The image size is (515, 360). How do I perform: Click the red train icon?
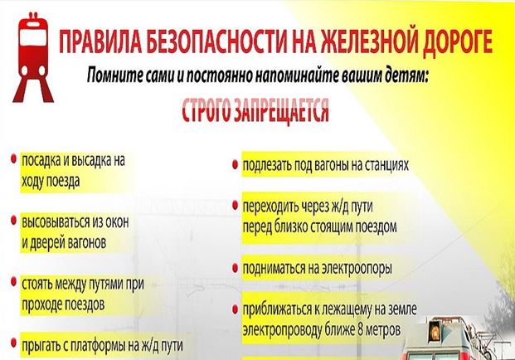pyautogui.click(x=33, y=57)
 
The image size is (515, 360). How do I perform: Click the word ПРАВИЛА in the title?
pyautogui.click(x=100, y=41)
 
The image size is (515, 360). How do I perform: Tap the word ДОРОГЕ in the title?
pyautogui.click(x=457, y=42)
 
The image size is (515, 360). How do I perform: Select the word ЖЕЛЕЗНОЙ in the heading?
pyautogui.click(x=368, y=41)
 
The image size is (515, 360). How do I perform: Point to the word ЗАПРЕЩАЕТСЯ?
pyautogui.click(x=281, y=110)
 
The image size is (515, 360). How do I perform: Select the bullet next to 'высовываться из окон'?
pyautogui.click(x=14, y=221)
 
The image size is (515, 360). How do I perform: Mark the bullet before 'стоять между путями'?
pyautogui.click(x=14, y=281)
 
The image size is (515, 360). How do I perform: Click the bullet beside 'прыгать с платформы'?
pyautogui.click(x=14, y=343)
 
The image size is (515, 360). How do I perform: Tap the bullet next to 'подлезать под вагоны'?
pyautogui.click(x=235, y=164)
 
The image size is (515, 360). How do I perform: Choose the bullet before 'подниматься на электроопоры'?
pyautogui.click(x=235, y=268)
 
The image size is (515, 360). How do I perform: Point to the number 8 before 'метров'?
pyautogui.click(x=360, y=329)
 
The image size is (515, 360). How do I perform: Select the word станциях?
pyautogui.click(x=385, y=165)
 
